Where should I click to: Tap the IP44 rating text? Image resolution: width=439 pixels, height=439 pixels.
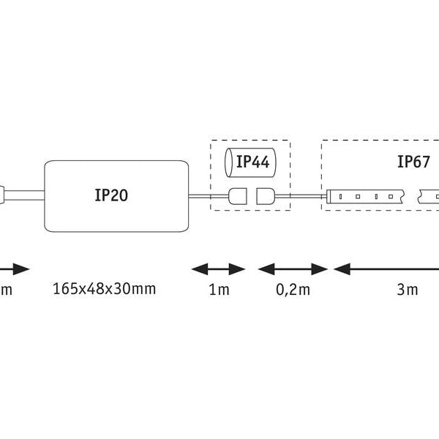(252, 162)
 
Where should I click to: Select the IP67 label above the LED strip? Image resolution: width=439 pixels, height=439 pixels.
(414, 162)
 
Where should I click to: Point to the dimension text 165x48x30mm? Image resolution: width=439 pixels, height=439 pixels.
(105, 288)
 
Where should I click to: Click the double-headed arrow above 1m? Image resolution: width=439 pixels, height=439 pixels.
(218, 269)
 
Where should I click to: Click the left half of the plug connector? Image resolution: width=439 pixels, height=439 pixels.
(238, 196)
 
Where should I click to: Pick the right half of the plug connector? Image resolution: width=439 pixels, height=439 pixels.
(265, 196)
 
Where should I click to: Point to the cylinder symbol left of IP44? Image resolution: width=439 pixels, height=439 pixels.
(229, 162)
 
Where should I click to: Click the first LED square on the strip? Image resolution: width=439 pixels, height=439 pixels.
(342, 196)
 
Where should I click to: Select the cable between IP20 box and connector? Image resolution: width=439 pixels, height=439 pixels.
(209, 196)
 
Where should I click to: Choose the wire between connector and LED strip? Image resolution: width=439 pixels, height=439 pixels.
(300, 196)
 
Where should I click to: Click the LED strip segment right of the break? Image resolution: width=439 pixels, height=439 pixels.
(429, 196)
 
